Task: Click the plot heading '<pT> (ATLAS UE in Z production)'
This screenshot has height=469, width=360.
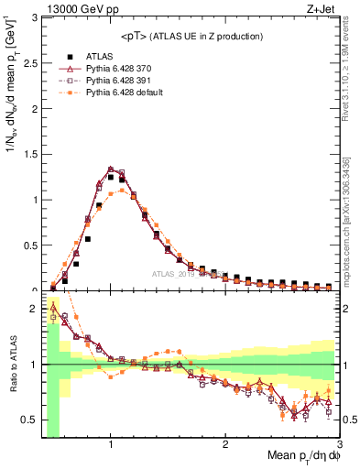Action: coord(191,36)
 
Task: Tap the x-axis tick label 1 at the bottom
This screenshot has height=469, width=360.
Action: coord(110,443)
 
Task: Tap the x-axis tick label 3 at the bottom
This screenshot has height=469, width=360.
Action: coord(338,443)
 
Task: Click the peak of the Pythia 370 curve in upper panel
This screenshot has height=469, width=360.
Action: coord(111,169)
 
